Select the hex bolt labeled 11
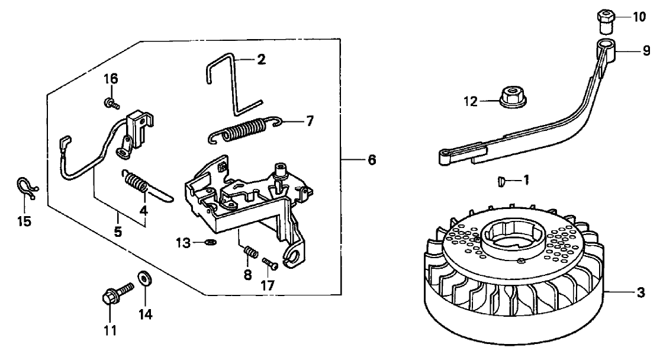(114, 294)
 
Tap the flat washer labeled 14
(143, 278)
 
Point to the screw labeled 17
(270, 263)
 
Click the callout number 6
(371, 160)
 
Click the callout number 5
(118, 233)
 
